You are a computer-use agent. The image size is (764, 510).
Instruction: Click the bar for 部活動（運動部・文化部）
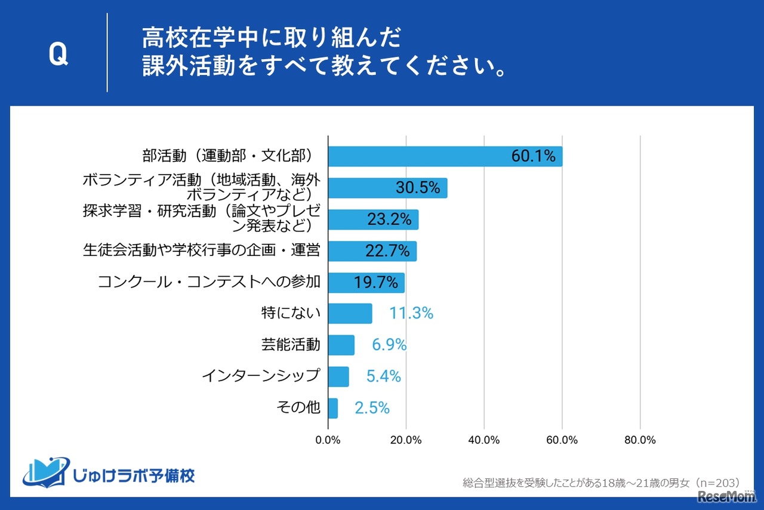point(445,156)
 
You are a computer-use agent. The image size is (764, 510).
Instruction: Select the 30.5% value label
point(418,188)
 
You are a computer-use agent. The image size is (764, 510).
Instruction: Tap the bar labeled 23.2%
point(373,220)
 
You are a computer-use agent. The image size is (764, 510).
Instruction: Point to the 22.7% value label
point(387,251)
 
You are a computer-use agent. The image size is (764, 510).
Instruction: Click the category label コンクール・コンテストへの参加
point(209,282)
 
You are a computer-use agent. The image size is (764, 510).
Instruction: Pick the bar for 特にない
point(350,313)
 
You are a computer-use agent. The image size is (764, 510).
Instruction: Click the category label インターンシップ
point(261,376)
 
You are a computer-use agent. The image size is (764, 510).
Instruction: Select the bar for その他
point(332,408)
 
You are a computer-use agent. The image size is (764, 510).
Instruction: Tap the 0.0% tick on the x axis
point(328,440)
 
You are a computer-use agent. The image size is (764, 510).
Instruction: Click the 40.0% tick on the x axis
point(484,440)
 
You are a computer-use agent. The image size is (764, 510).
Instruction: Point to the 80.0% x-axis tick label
point(640,440)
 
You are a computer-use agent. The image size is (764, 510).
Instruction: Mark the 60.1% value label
point(533,156)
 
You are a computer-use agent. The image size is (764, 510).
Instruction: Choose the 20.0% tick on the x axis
point(406,440)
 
